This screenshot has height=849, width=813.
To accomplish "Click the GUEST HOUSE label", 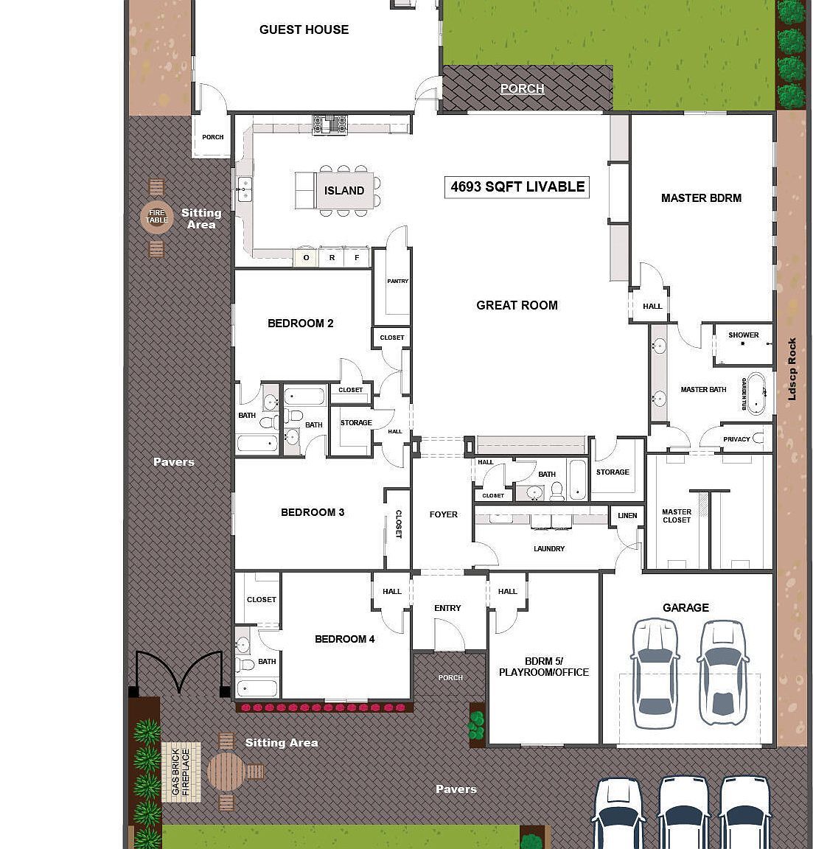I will coord(304,29).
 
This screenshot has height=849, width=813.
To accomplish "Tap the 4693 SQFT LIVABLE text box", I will coord(517,187).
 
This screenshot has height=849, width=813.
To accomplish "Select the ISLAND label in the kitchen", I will coord(344,191).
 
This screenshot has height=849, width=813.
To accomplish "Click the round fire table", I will coord(156,217).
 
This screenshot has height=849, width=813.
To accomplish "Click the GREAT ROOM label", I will coord(517,305).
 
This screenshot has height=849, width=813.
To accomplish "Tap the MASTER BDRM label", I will coord(701,198).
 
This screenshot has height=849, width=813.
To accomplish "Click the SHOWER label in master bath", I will coord(743,335).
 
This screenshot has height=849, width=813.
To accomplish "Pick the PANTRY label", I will coord(397,282).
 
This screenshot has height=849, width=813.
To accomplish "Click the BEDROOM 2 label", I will coord(300,324).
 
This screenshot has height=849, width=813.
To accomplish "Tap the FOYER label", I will coord(443,515).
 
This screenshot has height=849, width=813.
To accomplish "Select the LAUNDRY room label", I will coord(548,549).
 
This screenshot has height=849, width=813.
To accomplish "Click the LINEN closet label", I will coord(627,516).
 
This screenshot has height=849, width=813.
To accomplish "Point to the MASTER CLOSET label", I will coord(676,516).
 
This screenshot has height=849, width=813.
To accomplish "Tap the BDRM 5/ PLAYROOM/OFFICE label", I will coord(543,667).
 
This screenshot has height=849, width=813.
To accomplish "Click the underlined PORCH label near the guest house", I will coord(522,88).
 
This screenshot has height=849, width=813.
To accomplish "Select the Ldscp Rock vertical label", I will coord(792,369).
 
